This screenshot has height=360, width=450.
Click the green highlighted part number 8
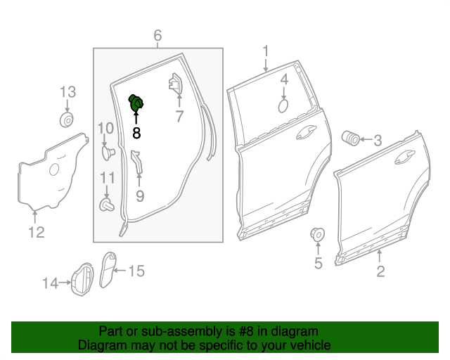click(x=136, y=103)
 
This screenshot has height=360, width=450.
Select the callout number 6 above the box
click(x=157, y=35)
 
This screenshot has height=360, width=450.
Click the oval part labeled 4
click(x=284, y=105)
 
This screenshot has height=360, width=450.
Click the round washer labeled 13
click(x=67, y=120)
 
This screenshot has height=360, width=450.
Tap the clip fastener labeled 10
click(x=106, y=151)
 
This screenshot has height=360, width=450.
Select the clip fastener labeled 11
click(x=106, y=204)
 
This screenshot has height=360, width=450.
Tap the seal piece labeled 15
click(x=107, y=269)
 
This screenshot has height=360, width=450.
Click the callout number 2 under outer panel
click(x=380, y=271)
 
